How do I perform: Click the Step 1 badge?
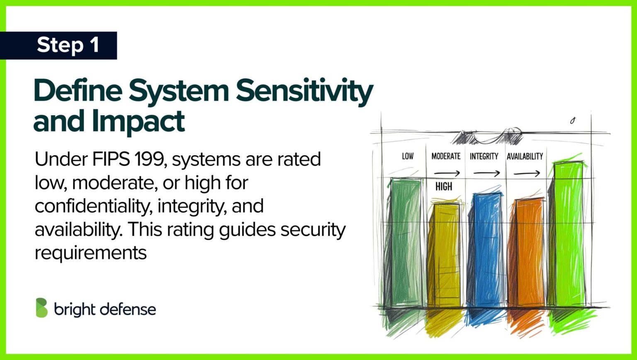pos(58,46)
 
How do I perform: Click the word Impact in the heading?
pos(138,122)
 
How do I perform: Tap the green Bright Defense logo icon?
pos(42,308)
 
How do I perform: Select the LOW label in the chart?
pos(408,156)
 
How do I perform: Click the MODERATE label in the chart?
pos(446,156)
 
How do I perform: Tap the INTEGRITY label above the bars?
pos(484,156)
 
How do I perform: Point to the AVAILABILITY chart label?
pos(525,156)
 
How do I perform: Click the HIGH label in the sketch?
pos(444,187)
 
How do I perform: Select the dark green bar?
pos(406,242)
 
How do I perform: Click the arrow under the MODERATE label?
pos(447,173)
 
